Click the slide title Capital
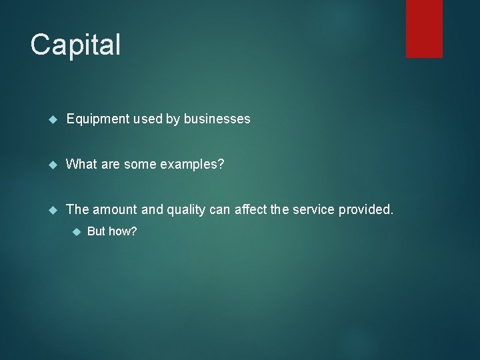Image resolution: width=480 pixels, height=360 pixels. pos(75,45)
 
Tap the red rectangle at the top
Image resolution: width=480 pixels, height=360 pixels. pos(424,28)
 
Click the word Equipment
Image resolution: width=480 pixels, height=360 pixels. pos(97,119)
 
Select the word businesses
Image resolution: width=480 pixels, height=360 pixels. pos(217,119)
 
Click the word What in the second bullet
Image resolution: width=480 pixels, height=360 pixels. pos(82,165)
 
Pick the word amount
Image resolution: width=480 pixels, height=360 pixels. pos(115,210)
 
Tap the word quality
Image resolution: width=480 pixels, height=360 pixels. pos(189,210)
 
